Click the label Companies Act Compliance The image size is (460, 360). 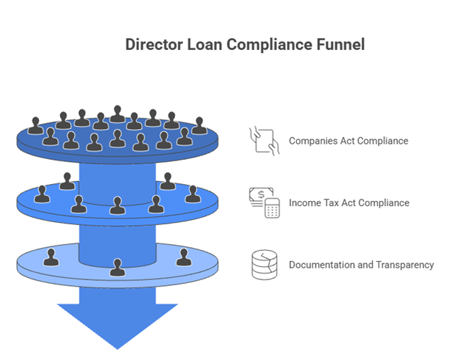pyautogui.click(x=349, y=141)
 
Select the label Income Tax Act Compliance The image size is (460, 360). pyautogui.click(x=349, y=203)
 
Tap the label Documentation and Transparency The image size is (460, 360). pyautogui.click(x=361, y=265)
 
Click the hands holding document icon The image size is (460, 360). pyautogui.click(x=264, y=140)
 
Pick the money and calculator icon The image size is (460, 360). pyautogui.click(x=264, y=202)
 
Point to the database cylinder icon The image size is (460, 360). pyautogui.click(x=264, y=265)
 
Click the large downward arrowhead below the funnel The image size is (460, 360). pyautogui.click(x=117, y=323)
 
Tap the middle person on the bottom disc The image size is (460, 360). pyautogui.click(x=117, y=267)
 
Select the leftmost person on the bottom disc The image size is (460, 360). pyautogui.click(x=51, y=257)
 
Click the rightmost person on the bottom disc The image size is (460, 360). pyautogui.click(x=183, y=257)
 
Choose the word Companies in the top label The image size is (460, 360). pyautogui.click(x=313, y=141)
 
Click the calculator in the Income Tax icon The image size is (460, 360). pyautogui.click(x=272, y=209)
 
